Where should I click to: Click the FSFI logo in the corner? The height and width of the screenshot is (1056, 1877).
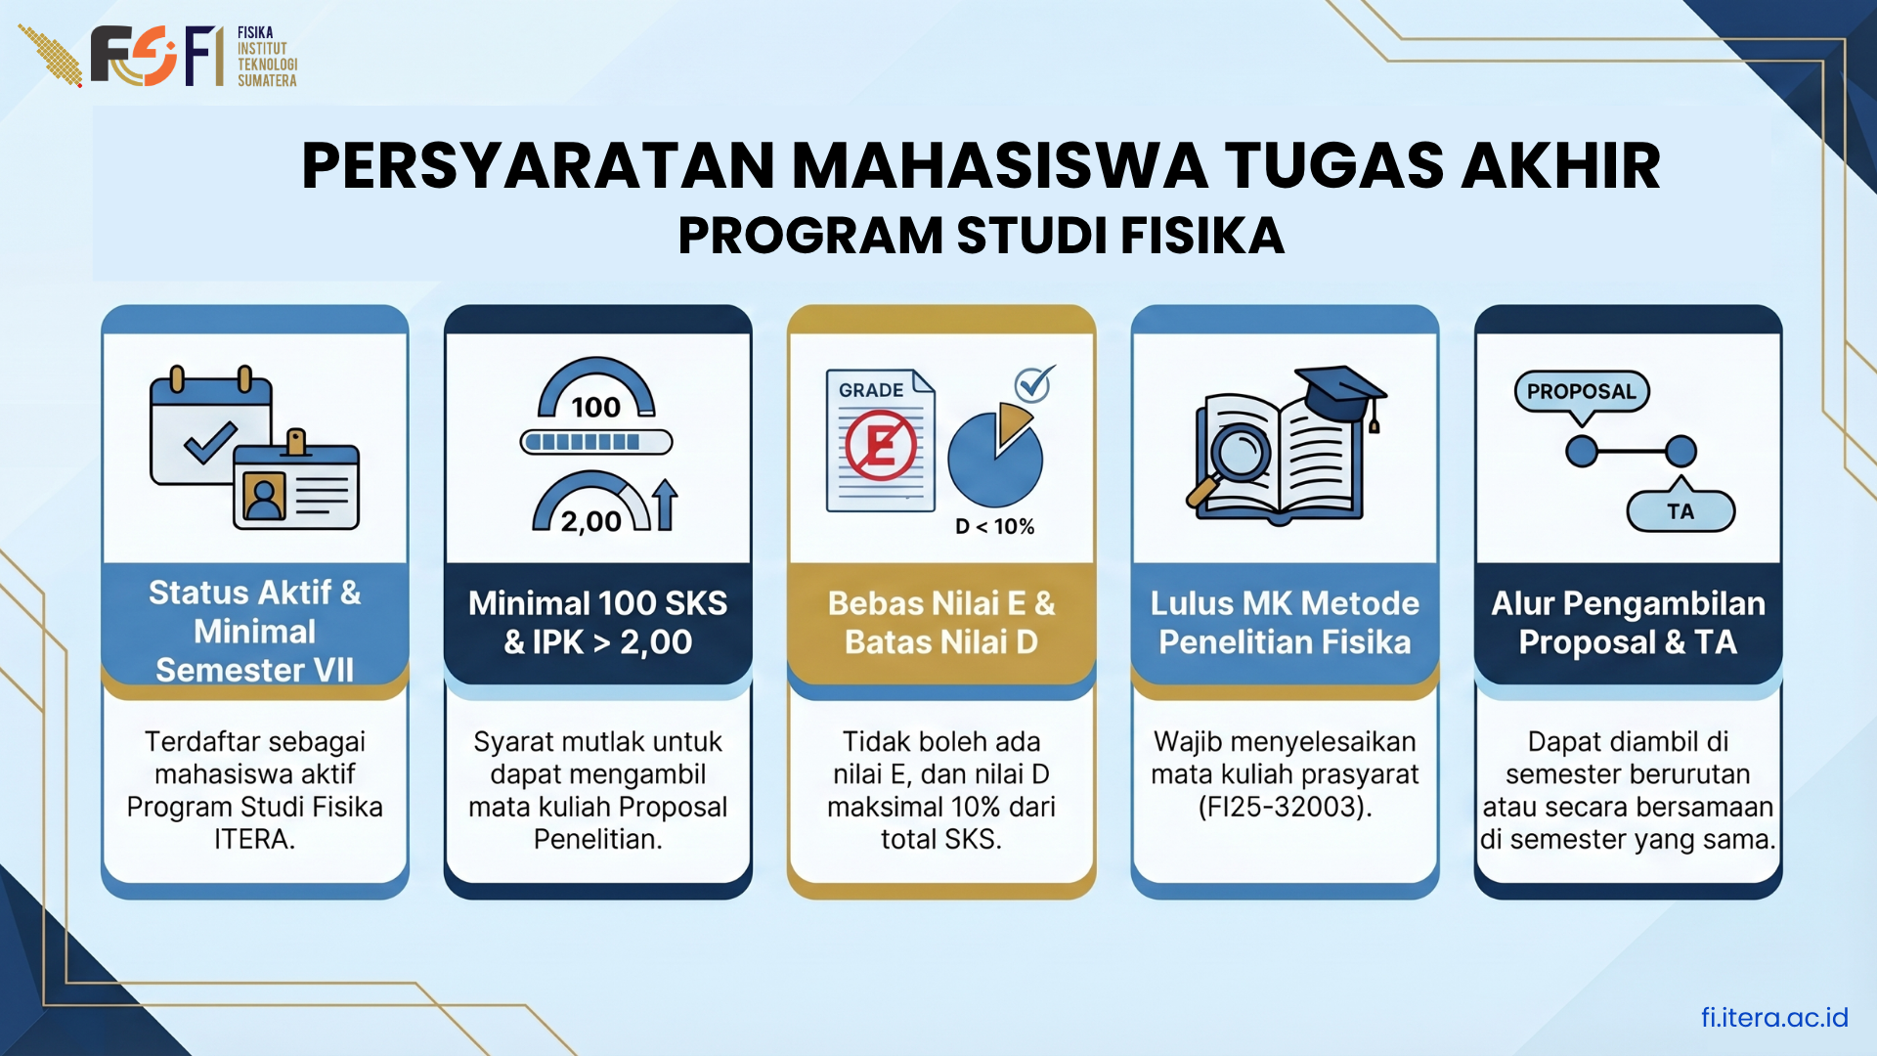pos(156,56)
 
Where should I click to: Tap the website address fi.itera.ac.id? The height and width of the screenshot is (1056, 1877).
pos(1773,1018)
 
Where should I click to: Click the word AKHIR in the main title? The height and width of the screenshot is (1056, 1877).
pos(1560,165)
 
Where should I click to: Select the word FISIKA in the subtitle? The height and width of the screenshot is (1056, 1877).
pos(1201,236)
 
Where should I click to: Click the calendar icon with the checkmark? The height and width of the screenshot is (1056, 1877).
pos(209,430)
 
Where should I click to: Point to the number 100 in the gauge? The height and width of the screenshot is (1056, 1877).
pos(595,407)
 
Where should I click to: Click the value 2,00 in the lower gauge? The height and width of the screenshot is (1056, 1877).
pos(590,521)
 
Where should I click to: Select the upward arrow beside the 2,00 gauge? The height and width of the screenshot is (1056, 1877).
pos(665,505)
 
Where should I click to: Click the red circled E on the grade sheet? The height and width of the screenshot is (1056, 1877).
pos(881,446)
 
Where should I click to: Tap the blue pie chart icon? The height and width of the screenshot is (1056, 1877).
pos(995,458)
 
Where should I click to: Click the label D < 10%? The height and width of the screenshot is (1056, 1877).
pos(994,527)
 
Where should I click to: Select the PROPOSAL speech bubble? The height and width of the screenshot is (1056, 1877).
pos(1581,392)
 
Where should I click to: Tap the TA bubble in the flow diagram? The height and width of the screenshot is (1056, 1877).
pos(1680,511)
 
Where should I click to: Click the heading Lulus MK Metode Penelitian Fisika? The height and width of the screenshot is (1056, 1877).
pos(1284,623)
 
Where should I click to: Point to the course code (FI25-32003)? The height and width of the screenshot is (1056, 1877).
pos(1285,807)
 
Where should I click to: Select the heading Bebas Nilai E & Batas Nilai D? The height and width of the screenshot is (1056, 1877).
pos(940,623)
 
